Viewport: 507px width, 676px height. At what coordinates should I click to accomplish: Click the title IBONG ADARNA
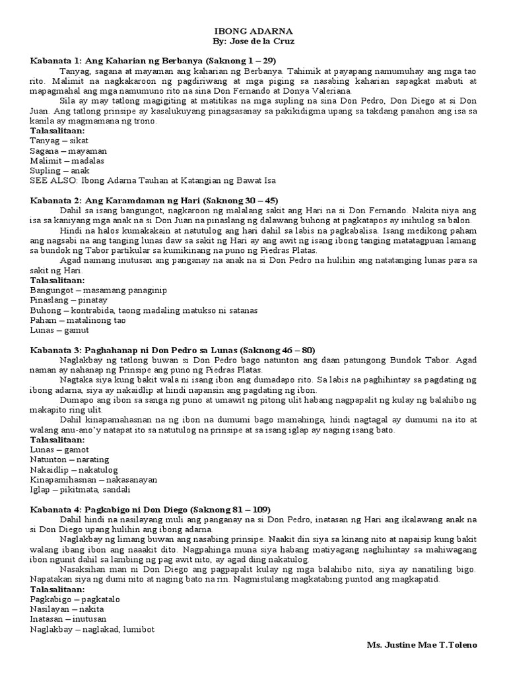coord(253,30)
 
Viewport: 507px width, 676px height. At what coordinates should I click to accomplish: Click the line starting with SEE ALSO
coord(152,180)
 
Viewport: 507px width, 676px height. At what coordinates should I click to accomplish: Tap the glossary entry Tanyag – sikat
coord(59,141)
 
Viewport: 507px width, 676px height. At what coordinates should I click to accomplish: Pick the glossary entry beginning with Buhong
coord(144,309)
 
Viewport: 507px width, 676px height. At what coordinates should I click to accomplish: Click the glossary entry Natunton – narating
coord(69,459)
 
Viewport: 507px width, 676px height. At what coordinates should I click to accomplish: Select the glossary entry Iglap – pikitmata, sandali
coord(81,489)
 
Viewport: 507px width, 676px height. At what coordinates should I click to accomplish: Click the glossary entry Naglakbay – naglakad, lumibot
coord(92,629)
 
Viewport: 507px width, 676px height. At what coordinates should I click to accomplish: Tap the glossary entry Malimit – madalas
coord(67,160)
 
